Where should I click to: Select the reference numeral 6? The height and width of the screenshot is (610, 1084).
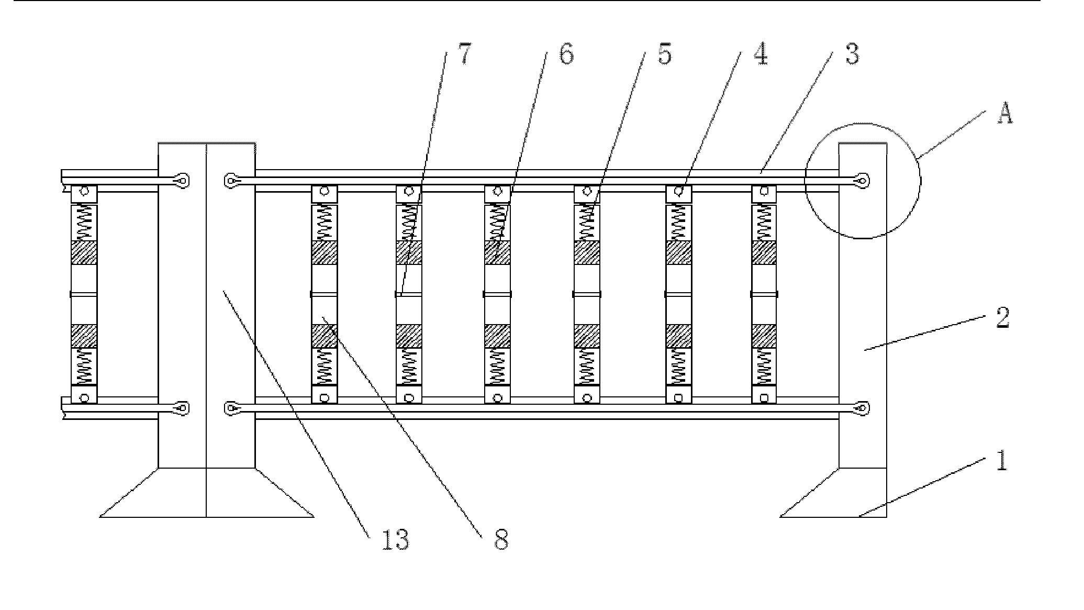pos(566,54)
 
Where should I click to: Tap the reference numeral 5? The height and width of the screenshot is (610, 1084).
pos(664,54)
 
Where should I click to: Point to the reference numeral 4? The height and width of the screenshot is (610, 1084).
pos(761,54)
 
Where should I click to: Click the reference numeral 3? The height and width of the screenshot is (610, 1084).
pos(852,54)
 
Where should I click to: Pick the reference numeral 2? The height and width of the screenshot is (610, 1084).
pos(1002,318)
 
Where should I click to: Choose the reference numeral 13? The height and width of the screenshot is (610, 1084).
pos(395,539)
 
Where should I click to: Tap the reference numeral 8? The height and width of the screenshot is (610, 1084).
pos(501,539)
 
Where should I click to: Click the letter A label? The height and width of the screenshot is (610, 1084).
pos(1004,115)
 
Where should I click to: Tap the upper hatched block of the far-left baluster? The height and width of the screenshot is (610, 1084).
pos(84,252)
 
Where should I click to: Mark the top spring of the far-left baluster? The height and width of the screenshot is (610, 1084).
pos(84,222)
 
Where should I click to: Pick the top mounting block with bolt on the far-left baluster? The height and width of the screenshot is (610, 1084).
pos(84,193)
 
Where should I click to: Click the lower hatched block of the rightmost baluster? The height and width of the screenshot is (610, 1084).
pos(764,336)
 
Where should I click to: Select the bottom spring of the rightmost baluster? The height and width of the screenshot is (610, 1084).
pos(764,367)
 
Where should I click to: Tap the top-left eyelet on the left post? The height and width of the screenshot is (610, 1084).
pos(182,181)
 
